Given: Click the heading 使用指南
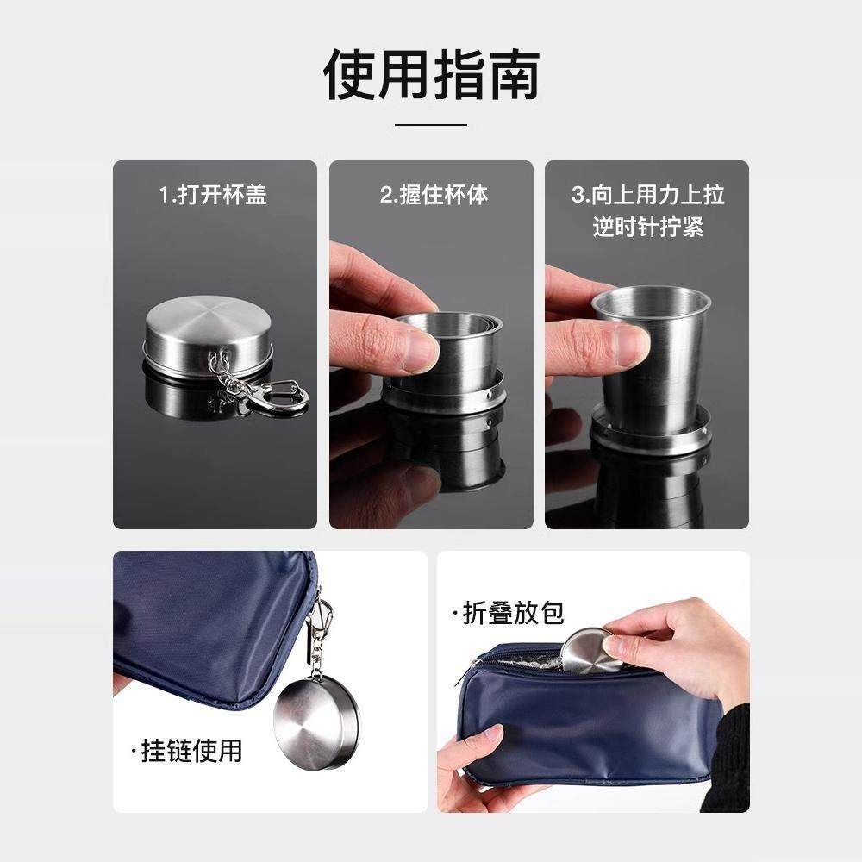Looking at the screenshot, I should click(431, 75).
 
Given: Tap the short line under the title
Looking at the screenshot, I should click(431, 124).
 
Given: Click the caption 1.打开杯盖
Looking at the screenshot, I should click(213, 194).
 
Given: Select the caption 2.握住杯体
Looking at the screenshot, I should click(434, 194).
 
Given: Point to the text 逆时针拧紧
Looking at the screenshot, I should click(647, 227).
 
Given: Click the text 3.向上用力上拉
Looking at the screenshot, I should click(647, 194).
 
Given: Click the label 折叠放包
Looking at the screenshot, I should click(509, 613).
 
